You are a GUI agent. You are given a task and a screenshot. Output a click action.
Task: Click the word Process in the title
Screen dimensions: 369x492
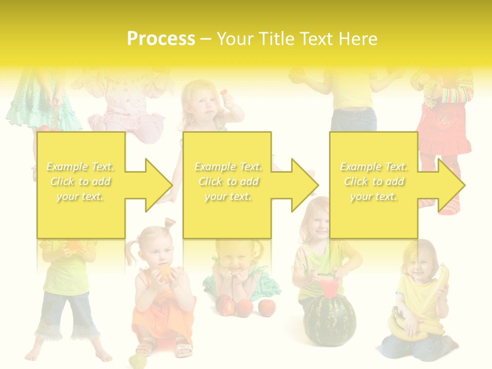tap(161, 39)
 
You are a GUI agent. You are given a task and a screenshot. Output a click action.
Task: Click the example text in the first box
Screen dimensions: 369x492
tap(80, 181)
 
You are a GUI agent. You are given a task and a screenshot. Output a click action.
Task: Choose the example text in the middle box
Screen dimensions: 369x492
tap(228, 181)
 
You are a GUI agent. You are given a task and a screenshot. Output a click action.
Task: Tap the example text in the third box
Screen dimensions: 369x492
tap(374, 181)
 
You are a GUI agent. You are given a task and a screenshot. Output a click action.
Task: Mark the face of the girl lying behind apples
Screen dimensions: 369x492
tap(233, 256)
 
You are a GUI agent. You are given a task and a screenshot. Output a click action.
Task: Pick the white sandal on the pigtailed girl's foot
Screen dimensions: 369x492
tap(182, 348)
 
